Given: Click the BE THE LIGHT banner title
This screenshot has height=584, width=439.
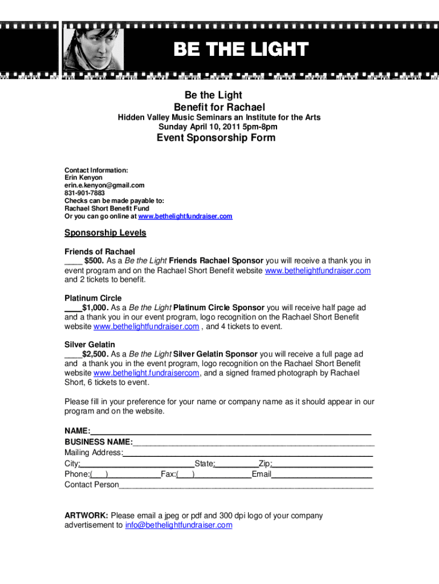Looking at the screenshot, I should [x=241, y=50].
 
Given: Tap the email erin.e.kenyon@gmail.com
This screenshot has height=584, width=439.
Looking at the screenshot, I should [x=104, y=185].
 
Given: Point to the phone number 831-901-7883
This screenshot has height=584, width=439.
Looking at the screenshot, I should [x=84, y=193].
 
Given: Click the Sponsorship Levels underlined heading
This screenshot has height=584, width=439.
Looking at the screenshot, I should [x=105, y=233].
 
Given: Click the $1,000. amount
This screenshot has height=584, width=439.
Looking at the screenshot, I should [x=96, y=307].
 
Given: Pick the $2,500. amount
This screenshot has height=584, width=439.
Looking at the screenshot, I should [x=96, y=354].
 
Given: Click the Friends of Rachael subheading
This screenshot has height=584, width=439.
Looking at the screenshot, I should [x=100, y=252].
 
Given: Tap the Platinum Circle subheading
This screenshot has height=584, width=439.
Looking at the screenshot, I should [x=93, y=298].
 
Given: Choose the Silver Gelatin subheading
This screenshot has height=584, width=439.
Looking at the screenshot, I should [x=90, y=344].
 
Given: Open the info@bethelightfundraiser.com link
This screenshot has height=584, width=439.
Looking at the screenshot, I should [x=178, y=525].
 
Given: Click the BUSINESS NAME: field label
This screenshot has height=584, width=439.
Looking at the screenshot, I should [x=99, y=442].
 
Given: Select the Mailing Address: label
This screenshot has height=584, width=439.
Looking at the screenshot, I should [x=94, y=453].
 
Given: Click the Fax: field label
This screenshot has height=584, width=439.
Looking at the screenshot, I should [x=168, y=474].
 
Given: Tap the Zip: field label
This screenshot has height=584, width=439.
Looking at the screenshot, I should [x=265, y=464].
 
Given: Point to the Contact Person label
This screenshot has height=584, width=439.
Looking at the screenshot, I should [x=92, y=485].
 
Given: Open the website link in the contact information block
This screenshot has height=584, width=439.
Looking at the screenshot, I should [x=186, y=217].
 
